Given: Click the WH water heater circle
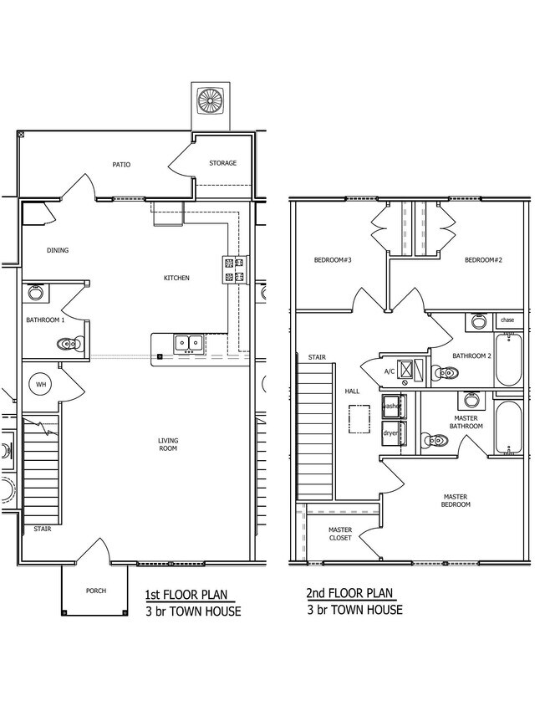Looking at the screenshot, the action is (x=41, y=385).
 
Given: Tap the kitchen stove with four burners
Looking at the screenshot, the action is (x=236, y=269).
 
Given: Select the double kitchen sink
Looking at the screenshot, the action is (x=189, y=343).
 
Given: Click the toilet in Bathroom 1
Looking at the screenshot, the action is (x=69, y=345).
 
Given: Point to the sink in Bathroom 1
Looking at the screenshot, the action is (x=35, y=293).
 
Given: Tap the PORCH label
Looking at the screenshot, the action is (x=96, y=591).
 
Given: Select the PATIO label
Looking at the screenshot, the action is (x=121, y=165).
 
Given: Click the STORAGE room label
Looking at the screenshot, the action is (x=222, y=163).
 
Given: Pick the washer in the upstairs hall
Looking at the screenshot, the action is (x=394, y=407).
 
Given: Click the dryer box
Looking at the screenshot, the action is (x=394, y=433).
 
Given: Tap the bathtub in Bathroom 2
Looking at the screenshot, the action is (x=508, y=360).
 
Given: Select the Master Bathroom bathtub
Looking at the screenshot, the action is (x=508, y=427).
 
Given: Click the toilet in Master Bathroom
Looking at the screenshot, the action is (x=434, y=440).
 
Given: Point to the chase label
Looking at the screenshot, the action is (x=507, y=320).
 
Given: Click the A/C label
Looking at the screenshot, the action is (x=390, y=371).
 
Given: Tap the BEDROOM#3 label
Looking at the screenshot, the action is (x=333, y=260).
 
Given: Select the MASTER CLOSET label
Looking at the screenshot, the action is (x=340, y=534).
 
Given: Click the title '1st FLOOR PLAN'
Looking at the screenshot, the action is (x=186, y=595).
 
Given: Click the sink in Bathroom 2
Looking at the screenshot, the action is (x=478, y=322).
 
